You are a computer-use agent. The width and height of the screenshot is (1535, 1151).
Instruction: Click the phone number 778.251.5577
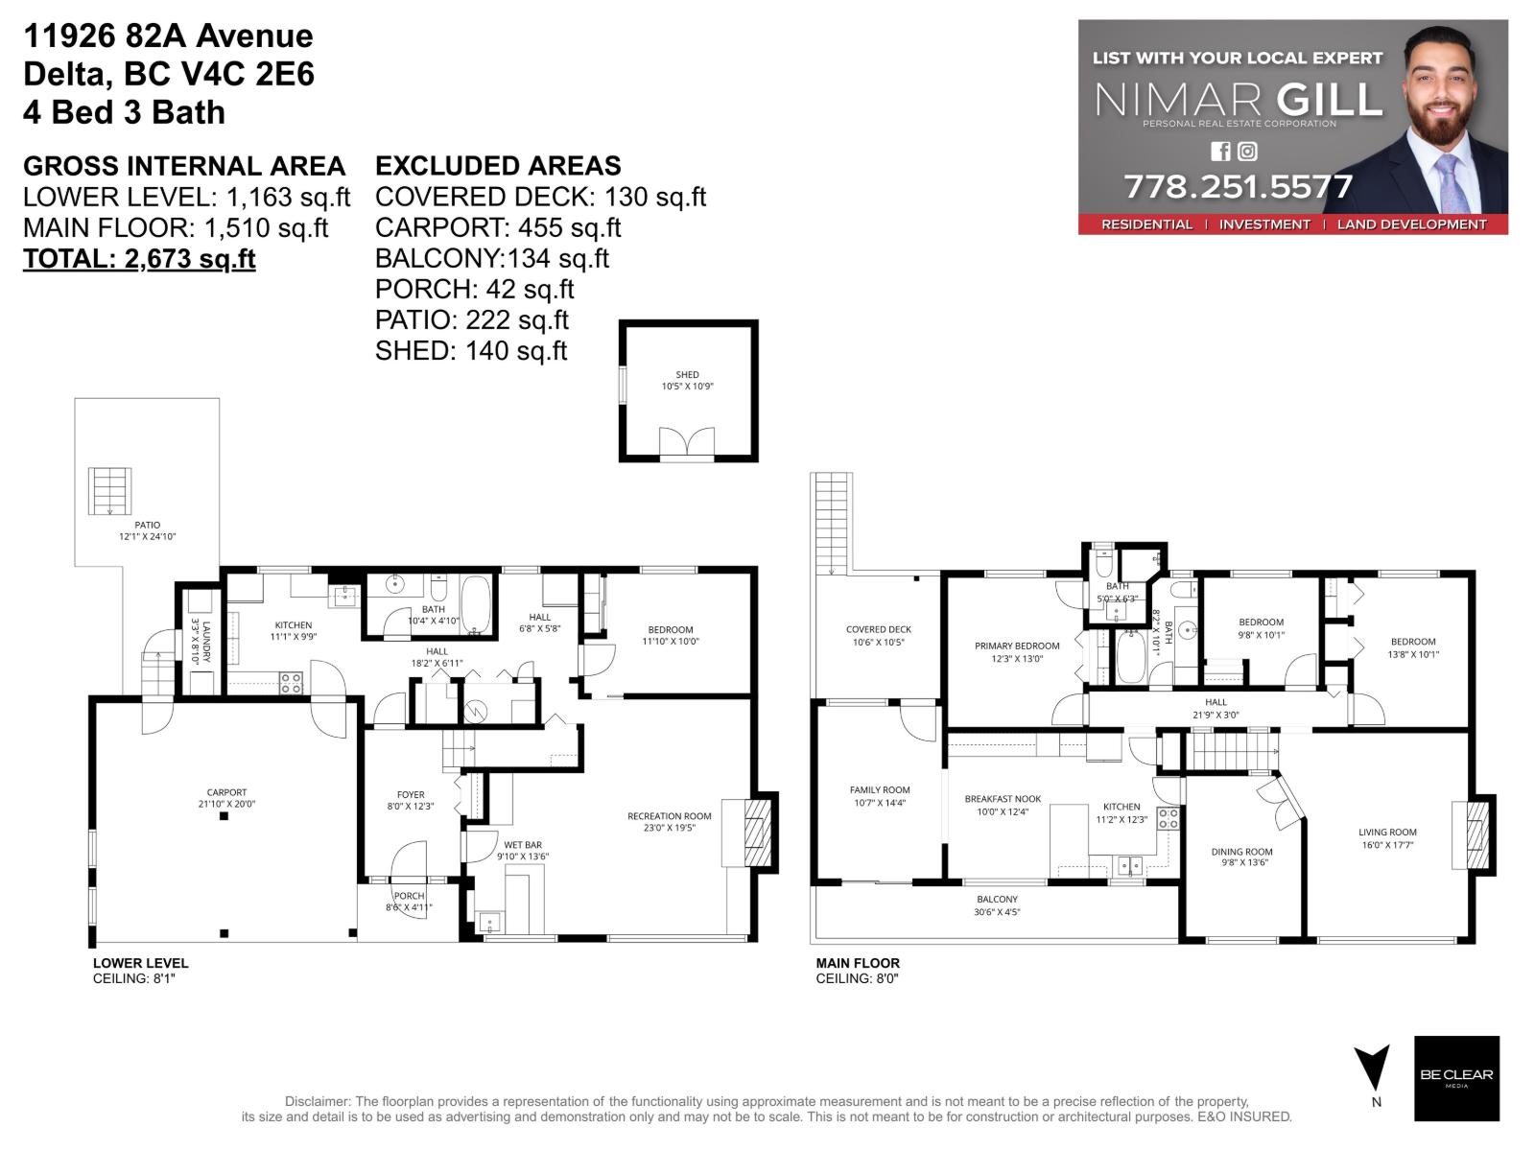click(x=1238, y=186)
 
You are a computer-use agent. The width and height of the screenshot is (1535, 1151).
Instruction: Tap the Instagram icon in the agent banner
click(x=1247, y=151)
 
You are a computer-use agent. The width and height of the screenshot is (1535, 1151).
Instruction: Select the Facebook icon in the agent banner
click(x=1220, y=151)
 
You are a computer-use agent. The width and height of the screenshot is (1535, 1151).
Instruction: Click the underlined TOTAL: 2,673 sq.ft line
click(x=139, y=259)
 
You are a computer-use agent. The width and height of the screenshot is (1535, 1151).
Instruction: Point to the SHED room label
click(x=687, y=375)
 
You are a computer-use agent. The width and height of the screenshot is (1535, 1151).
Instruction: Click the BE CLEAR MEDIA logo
click(x=1456, y=1078)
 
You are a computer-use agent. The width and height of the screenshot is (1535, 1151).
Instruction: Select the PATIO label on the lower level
click(x=148, y=526)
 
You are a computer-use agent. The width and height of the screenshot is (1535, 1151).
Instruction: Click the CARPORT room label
click(x=226, y=793)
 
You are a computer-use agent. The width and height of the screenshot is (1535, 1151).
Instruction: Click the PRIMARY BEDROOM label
click(x=1017, y=646)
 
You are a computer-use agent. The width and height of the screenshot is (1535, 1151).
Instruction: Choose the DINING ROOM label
click(x=1241, y=852)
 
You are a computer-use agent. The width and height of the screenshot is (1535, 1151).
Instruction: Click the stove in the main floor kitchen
click(x=1168, y=818)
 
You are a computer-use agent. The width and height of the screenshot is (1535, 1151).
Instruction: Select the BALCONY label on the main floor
click(x=997, y=900)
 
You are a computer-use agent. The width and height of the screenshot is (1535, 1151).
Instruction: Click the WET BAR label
click(x=523, y=845)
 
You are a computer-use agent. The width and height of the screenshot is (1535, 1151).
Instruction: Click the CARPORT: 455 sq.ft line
click(x=498, y=228)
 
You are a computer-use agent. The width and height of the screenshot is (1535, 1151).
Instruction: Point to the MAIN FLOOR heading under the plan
click(x=858, y=963)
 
